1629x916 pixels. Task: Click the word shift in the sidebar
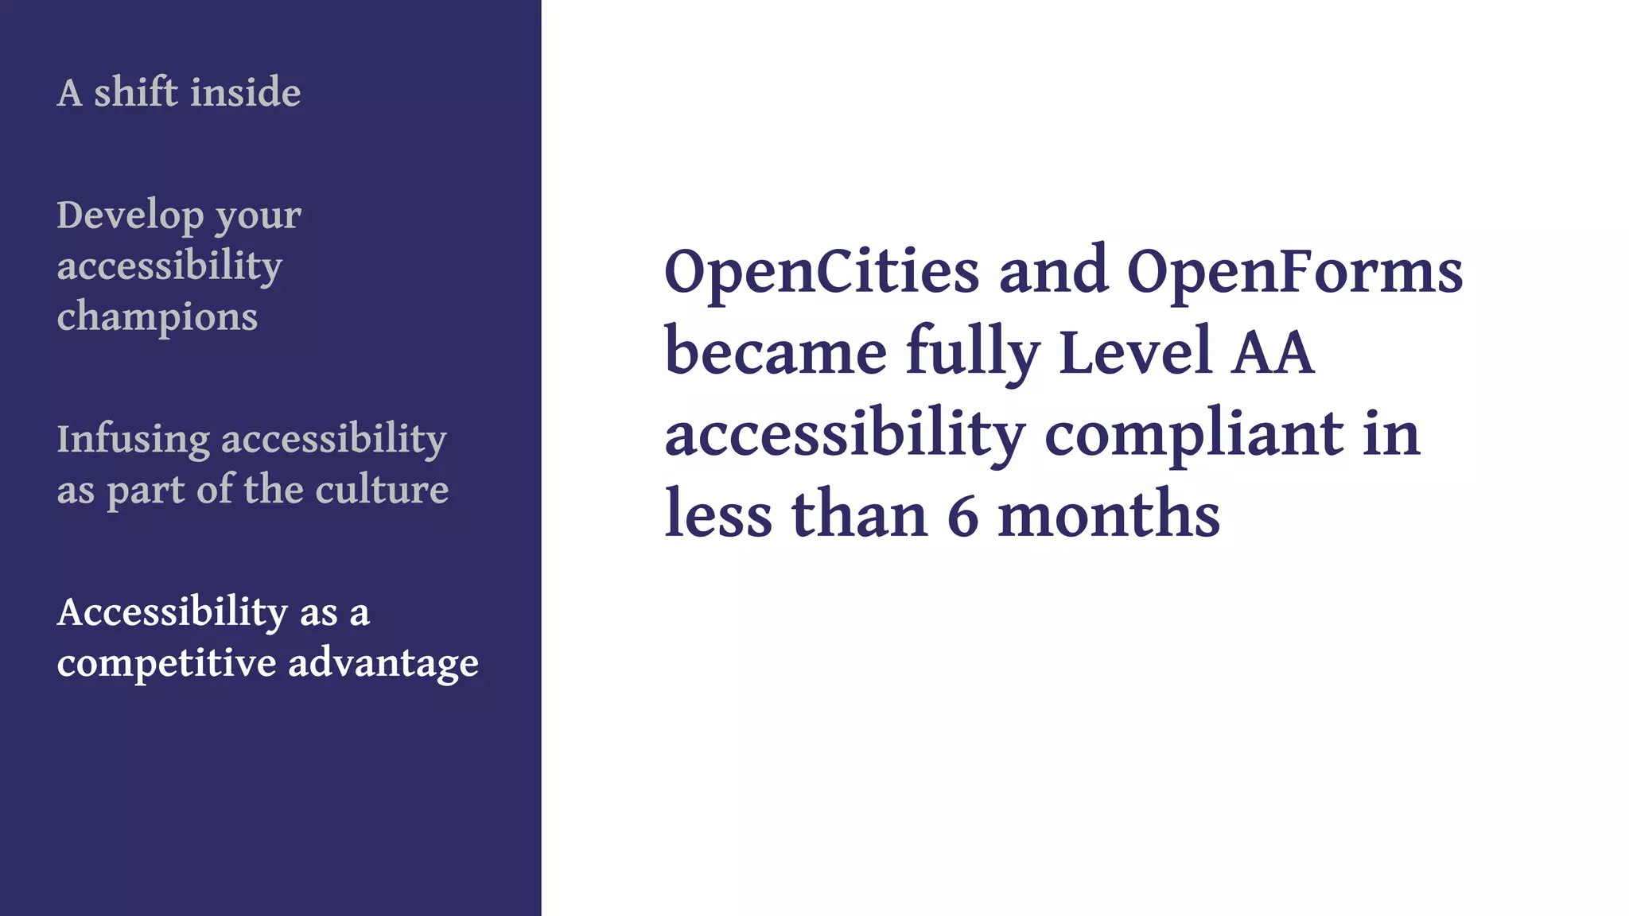pyautogui.click(x=136, y=92)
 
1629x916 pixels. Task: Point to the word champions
pyautogui.click(x=157, y=316)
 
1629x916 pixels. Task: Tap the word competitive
pyautogui.click(x=167, y=663)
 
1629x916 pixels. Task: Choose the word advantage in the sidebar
pyautogui.click(x=383, y=663)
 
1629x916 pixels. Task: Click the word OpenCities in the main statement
pyautogui.click(x=822, y=272)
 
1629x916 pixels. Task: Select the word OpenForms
pyautogui.click(x=1294, y=272)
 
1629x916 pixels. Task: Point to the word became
pyautogui.click(x=776, y=352)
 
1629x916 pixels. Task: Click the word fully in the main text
pyautogui.click(x=972, y=352)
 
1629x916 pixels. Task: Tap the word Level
pyautogui.click(x=1136, y=352)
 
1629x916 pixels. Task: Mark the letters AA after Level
pyautogui.click(x=1272, y=352)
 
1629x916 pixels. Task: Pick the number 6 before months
pyautogui.click(x=962, y=516)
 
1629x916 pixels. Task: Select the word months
pyautogui.click(x=1109, y=516)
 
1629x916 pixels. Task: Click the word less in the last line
pyautogui.click(x=718, y=516)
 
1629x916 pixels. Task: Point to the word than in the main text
pyautogui.click(x=860, y=516)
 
